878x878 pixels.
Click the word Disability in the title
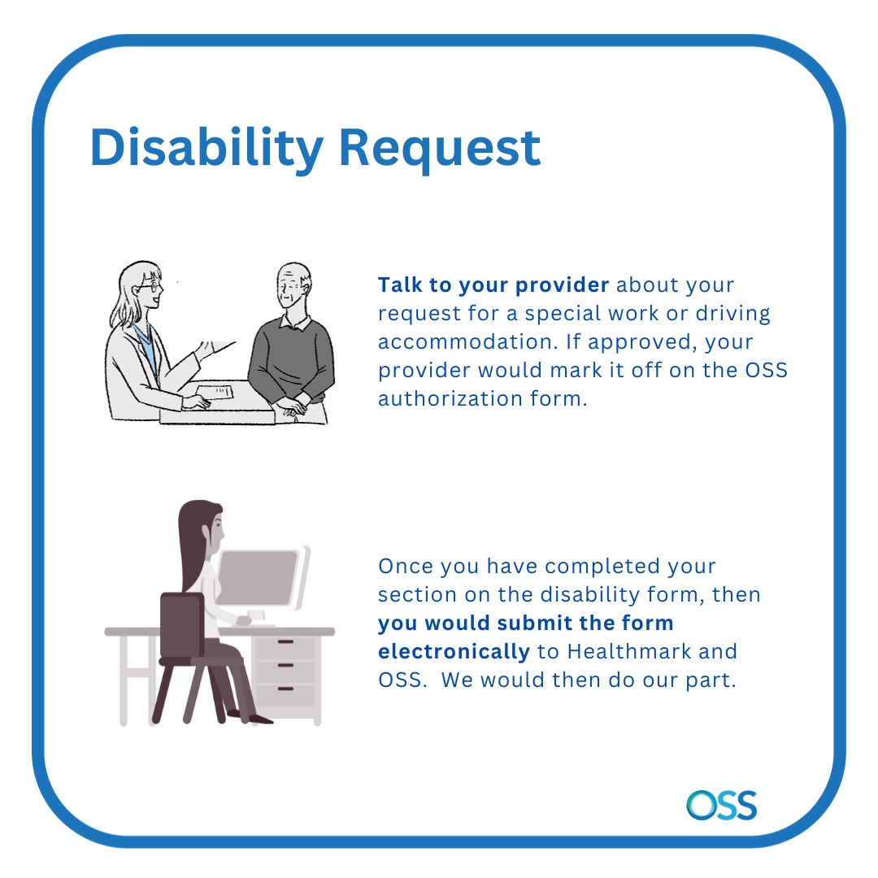point(206,149)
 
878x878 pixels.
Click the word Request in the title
point(440,150)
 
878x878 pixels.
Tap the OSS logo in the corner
point(722,805)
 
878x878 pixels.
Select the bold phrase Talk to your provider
point(493,285)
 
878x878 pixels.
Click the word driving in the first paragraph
point(733,314)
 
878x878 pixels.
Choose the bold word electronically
point(454,652)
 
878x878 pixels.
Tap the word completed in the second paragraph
point(602,567)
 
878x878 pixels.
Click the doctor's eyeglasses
point(150,287)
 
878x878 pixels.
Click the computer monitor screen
point(257,577)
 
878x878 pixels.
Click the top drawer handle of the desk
point(285,641)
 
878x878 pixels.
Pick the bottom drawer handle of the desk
point(285,689)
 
